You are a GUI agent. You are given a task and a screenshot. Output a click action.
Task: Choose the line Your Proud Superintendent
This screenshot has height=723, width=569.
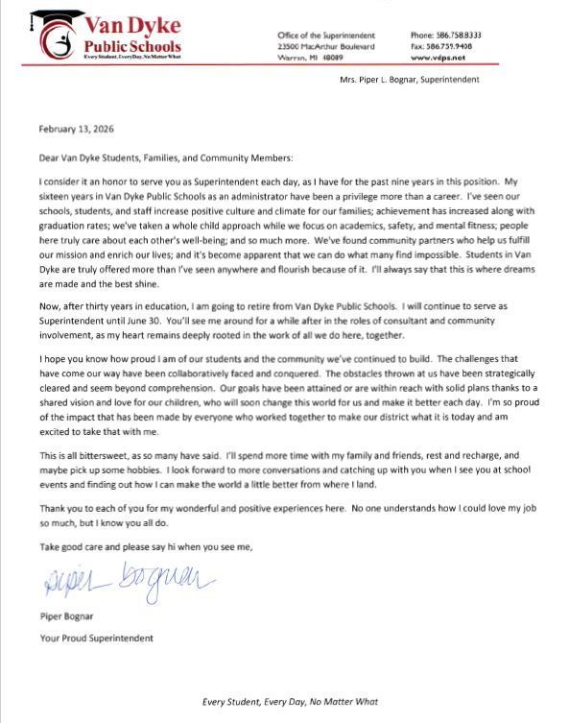(x=96, y=638)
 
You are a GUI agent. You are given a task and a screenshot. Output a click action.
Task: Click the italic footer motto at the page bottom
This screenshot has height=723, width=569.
(x=283, y=702)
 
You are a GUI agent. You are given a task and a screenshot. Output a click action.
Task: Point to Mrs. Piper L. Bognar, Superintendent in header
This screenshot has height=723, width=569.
(x=410, y=79)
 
